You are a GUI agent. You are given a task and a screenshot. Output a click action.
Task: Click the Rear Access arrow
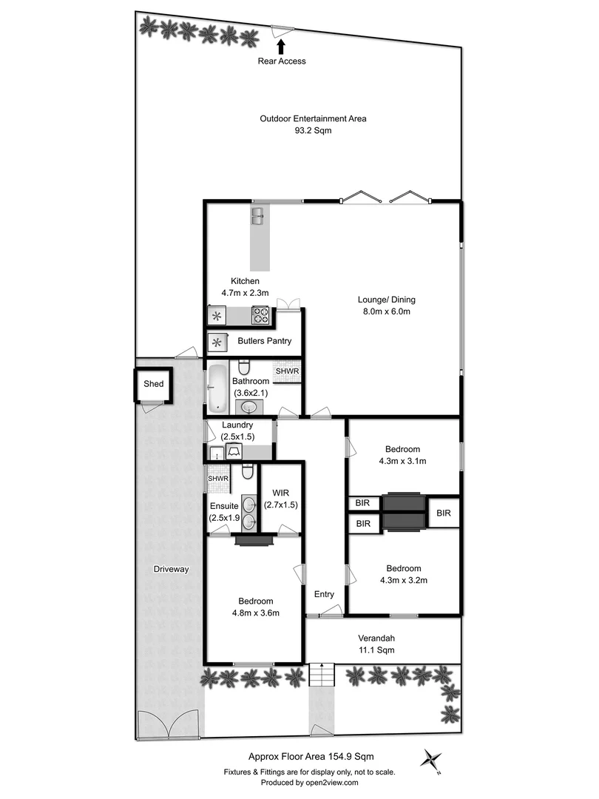(x=281, y=47)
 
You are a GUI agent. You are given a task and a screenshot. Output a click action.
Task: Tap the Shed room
(x=153, y=384)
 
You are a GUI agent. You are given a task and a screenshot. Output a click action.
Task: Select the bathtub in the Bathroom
(x=218, y=388)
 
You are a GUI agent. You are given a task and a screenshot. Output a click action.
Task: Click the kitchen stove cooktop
(x=261, y=317)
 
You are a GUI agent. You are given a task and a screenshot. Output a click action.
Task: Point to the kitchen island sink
(x=258, y=216)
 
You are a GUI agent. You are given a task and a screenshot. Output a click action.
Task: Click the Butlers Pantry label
(x=264, y=342)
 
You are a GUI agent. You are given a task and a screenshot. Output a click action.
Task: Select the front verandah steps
(x=321, y=675)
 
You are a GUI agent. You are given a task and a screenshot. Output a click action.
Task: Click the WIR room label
(x=281, y=493)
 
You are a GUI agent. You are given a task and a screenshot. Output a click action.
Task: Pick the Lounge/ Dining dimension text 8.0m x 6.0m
(x=387, y=311)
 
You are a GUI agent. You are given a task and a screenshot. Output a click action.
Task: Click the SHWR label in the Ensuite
(x=218, y=479)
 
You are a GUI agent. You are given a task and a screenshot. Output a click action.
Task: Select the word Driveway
(x=172, y=570)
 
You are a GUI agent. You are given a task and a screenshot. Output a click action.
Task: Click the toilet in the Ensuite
(x=248, y=471)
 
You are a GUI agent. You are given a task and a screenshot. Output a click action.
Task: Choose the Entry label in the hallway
(x=324, y=594)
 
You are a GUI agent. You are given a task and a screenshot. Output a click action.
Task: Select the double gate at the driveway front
(x=169, y=726)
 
